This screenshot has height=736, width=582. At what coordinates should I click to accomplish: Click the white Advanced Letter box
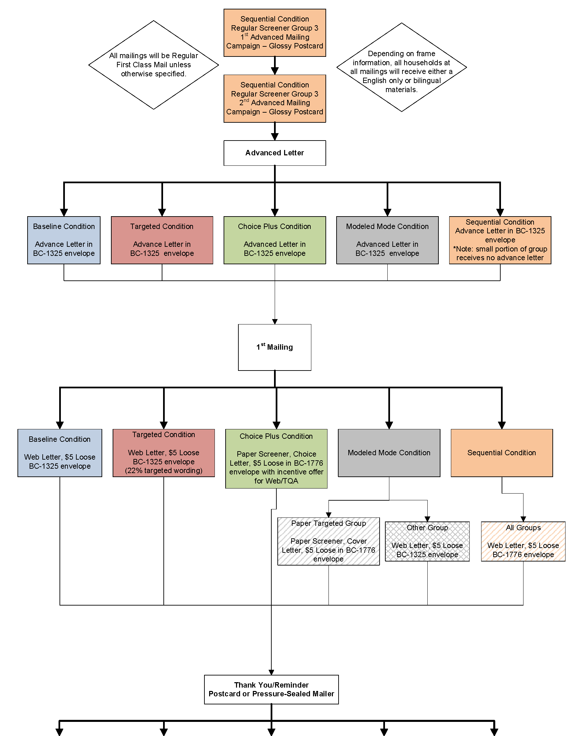[x=275, y=153]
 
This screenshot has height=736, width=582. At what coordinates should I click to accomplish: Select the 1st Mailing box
[x=275, y=347]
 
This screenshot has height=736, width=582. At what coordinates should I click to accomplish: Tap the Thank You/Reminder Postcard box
[x=271, y=689]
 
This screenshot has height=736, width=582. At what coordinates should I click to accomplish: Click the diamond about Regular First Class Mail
[x=154, y=65]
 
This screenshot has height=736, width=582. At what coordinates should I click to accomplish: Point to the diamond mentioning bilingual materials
[x=401, y=67]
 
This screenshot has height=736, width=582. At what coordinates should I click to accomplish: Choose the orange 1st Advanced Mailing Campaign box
[x=275, y=33]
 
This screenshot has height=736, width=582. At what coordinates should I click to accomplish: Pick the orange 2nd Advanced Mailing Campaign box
[x=275, y=99]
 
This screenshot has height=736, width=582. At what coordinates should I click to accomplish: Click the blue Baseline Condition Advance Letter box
[x=64, y=240]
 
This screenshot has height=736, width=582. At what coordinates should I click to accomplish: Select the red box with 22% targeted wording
[x=163, y=453]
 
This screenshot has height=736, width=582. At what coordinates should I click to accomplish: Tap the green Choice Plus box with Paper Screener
[x=276, y=459]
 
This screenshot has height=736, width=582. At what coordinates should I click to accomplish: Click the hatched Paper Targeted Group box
[x=328, y=541]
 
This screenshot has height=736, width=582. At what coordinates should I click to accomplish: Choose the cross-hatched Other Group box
[x=427, y=541]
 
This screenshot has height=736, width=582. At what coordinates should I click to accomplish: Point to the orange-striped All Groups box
[x=523, y=541]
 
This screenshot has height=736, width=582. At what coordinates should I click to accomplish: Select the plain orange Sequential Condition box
[x=502, y=453]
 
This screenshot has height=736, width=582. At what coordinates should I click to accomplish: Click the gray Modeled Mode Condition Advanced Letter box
[x=387, y=240]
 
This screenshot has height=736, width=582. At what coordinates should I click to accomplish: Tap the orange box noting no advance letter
[x=500, y=240]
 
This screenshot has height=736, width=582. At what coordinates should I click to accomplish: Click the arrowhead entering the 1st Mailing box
[x=275, y=321]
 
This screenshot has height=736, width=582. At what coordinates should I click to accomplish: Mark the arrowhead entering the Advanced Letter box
[x=275, y=137]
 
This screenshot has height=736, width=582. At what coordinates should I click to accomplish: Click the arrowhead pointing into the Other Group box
[x=427, y=518]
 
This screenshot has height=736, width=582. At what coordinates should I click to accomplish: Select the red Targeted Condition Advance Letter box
[x=162, y=240]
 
